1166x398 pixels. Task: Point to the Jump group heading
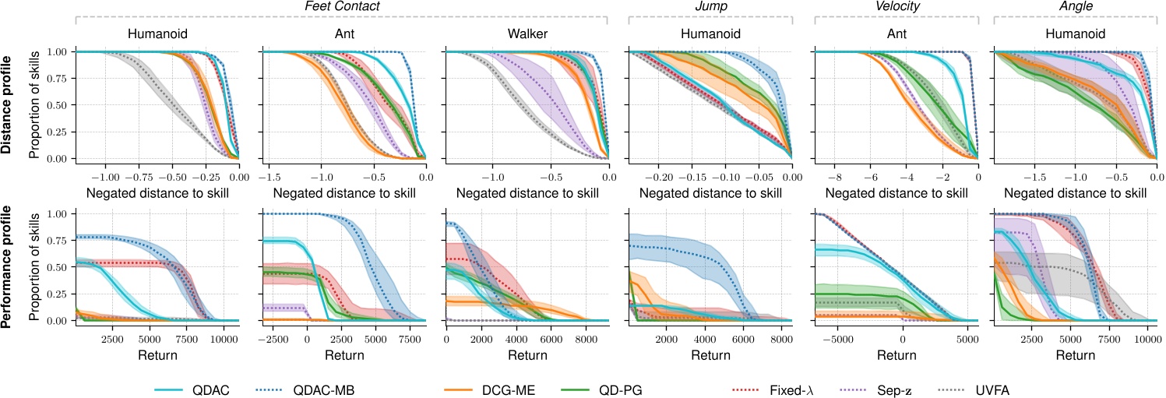(x=710, y=6)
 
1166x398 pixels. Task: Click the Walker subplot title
(x=524, y=34)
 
